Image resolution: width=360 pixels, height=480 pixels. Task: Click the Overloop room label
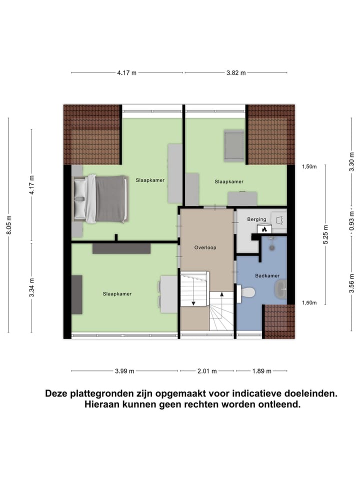tap(205, 247)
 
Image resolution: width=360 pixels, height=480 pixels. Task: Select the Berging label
tap(256, 219)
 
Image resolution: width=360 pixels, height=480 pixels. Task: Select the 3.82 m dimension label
tap(236, 73)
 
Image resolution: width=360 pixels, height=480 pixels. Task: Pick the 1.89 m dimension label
tap(261, 371)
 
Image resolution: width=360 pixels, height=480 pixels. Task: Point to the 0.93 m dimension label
tap(352, 220)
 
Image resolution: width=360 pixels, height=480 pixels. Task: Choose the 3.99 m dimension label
tap(124, 371)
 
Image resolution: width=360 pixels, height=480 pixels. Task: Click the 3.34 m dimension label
tap(31, 287)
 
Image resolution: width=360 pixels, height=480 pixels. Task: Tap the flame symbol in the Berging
tap(264, 229)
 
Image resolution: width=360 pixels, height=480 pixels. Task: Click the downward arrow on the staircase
tap(192, 302)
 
